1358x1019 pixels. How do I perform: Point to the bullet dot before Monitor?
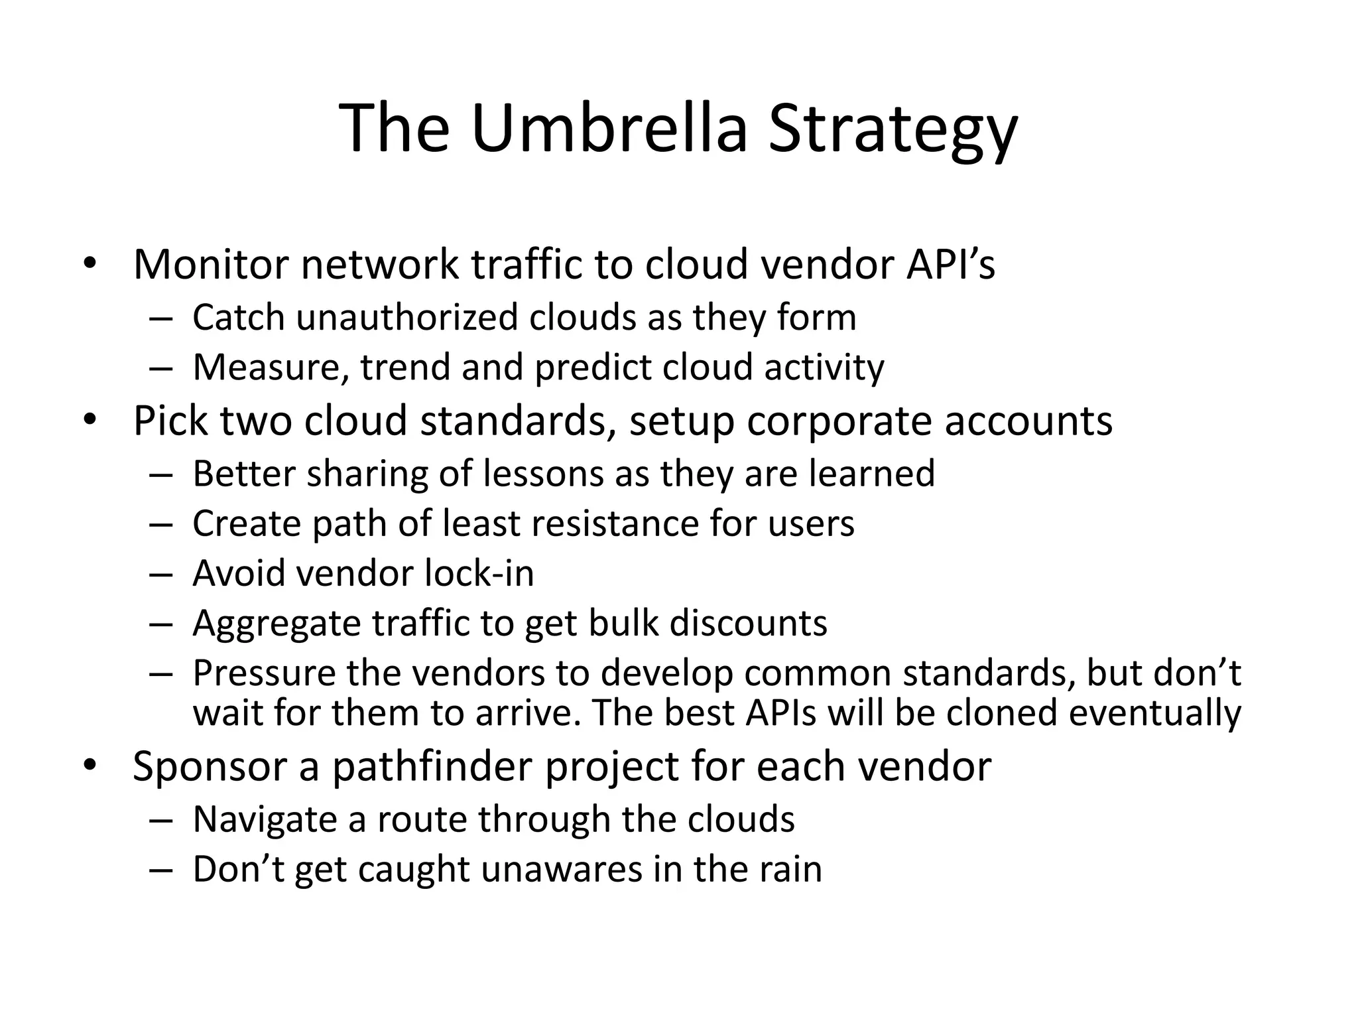pyautogui.click(x=90, y=263)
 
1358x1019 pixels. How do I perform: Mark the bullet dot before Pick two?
pyautogui.click(x=90, y=420)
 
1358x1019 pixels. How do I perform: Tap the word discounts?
pyautogui.click(x=748, y=624)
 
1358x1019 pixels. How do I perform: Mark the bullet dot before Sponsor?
pyautogui.click(x=90, y=766)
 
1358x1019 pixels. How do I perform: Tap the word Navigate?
pyautogui.click(x=265, y=821)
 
